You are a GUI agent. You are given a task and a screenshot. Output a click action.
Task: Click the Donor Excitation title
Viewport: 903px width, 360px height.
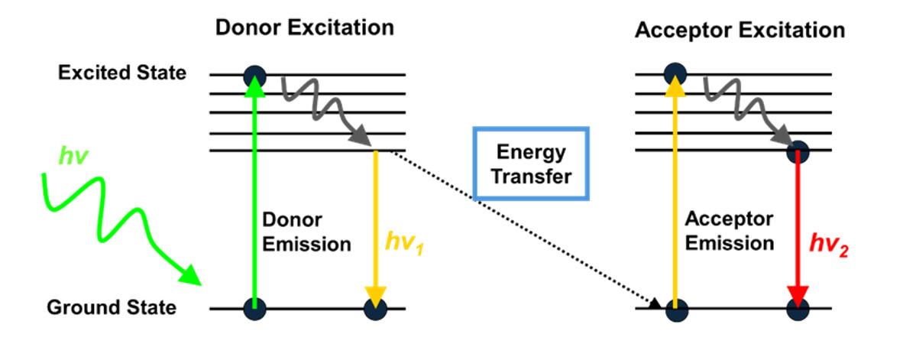304,28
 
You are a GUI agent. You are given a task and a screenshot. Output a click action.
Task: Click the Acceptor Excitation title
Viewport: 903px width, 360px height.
740,31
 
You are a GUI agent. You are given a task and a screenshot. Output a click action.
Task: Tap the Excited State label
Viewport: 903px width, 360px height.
121,73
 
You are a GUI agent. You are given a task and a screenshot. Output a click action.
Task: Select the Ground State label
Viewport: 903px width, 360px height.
112,308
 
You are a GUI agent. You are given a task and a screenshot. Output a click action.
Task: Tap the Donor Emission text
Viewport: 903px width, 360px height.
306,232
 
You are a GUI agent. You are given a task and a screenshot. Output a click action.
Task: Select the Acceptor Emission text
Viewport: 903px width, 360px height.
730,232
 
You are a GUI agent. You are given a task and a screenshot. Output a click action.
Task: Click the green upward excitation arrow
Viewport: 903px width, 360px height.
254,191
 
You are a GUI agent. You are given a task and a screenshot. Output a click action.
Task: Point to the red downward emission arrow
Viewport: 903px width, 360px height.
798,229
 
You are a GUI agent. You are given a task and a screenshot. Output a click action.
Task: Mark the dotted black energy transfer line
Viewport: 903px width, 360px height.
519,229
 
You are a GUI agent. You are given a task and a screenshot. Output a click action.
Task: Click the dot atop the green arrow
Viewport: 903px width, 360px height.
254,76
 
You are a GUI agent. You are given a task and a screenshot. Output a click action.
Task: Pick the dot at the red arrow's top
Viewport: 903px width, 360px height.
798,151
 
